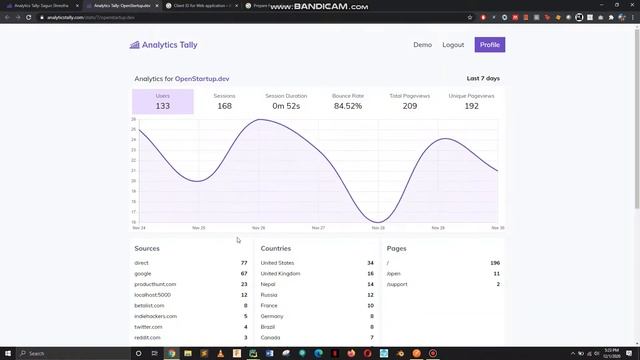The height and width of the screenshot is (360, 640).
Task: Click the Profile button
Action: pyautogui.click(x=489, y=45)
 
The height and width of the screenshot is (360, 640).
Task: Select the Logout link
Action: pyautogui.click(x=453, y=45)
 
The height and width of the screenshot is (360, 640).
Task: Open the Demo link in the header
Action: pyautogui.click(x=422, y=45)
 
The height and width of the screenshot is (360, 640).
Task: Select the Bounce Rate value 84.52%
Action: pyautogui.click(x=348, y=106)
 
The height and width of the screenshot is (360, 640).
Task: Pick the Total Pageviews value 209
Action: pyautogui.click(x=410, y=106)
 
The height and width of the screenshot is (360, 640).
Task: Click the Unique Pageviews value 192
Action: pyautogui.click(x=471, y=106)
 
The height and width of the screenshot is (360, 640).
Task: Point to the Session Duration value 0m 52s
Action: pyautogui.click(x=286, y=106)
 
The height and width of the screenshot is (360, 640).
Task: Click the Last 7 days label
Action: pyautogui.click(x=483, y=78)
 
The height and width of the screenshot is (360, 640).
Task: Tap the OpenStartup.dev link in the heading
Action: pyautogui.click(x=202, y=78)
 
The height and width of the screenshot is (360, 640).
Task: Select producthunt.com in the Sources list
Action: pyautogui.click(x=155, y=284)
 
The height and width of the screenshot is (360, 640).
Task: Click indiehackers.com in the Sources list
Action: pyautogui.click(x=155, y=316)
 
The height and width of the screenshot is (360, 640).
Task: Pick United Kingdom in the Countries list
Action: pyautogui.click(x=280, y=273)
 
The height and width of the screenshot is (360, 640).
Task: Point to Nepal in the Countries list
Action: pyautogui.click(x=267, y=284)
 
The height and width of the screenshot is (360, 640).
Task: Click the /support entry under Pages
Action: pyautogui.click(x=396, y=284)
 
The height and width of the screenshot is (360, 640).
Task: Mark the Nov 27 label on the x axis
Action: pyautogui.click(x=318, y=228)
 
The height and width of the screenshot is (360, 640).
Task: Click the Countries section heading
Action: pyautogui.click(x=275, y=248)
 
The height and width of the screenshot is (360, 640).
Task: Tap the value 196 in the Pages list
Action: pyautogui.click(x=495, y=263)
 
